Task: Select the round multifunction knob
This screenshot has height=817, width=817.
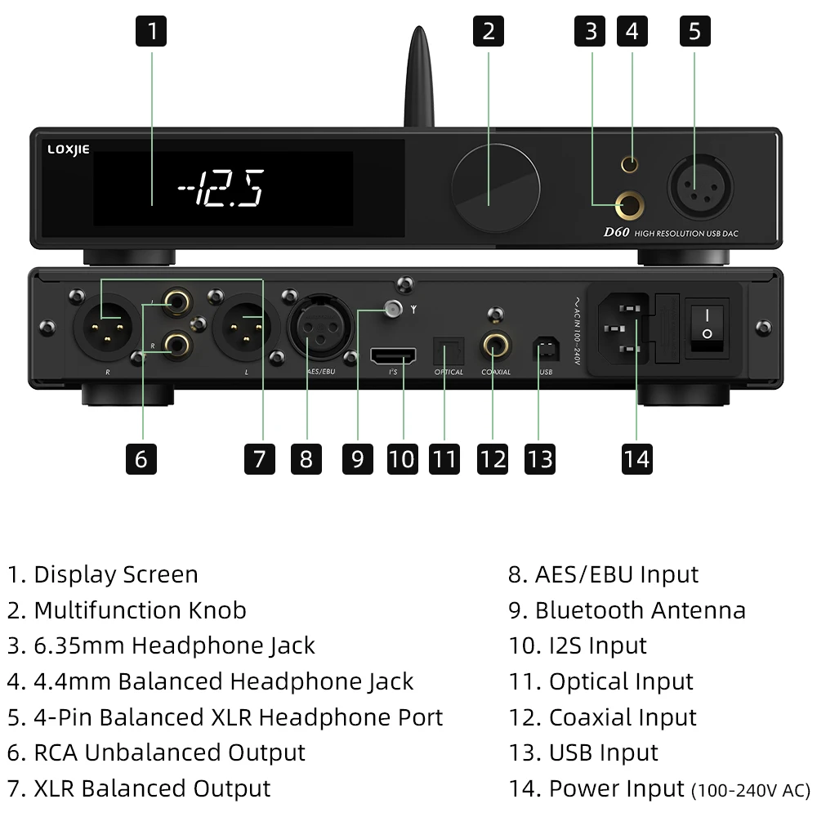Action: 497,186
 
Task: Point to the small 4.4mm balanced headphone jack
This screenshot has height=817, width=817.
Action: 630,164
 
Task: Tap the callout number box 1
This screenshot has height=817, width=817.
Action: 151,31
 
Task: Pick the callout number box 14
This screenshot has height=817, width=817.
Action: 636,458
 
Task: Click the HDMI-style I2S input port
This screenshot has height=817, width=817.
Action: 394,355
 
